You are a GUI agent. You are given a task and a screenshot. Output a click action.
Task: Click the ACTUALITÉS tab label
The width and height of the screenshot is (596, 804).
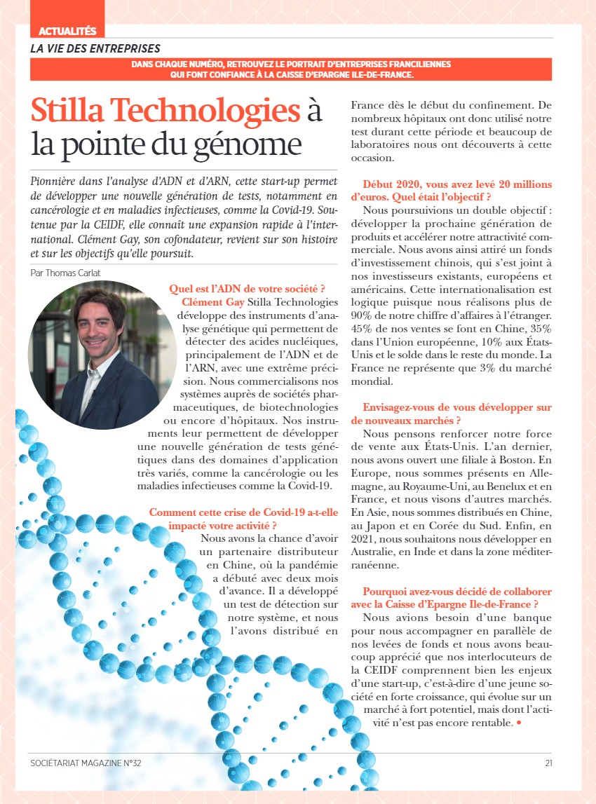pos(67,31)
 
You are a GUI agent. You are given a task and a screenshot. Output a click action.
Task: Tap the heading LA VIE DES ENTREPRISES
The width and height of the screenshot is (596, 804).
pos(95,49)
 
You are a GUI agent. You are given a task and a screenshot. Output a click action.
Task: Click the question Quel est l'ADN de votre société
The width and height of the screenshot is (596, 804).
pos(246,288)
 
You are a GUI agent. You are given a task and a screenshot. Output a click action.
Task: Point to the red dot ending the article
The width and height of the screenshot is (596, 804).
pos(519,723)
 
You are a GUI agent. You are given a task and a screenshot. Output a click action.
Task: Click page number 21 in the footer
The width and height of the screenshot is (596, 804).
pos(548,763)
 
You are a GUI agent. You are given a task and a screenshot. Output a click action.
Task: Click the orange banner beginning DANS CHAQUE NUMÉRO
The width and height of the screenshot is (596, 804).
pos(291,69)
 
